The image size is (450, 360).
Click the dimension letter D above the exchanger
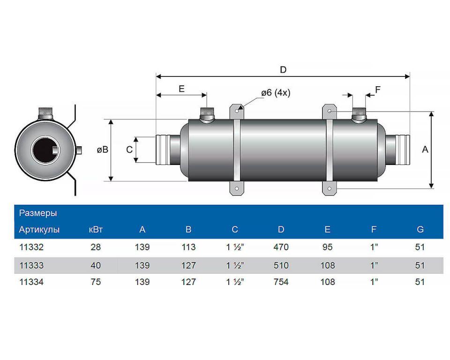[283, 70]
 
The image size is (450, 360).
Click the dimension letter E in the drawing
[181, 89]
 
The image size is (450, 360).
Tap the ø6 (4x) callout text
[276, 93]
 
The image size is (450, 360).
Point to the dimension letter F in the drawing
[378, 89]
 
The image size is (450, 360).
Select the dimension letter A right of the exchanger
[425, 150]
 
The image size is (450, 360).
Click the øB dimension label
[102, 150]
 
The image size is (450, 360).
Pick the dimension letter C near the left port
[129, 150]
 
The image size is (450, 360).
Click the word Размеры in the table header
[38, 213]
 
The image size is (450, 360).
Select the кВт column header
[96, 230]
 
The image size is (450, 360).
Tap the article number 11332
[31, 247]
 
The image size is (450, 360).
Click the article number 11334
[31, 282]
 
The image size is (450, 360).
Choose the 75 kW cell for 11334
[96, 282]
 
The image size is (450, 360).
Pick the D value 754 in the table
[281, 282]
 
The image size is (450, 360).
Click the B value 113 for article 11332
[188, 247]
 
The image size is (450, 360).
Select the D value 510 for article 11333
[281, 265]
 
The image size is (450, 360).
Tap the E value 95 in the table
[327, 247]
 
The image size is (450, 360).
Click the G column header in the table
[420, 230]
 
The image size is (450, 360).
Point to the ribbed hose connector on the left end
[163, 150]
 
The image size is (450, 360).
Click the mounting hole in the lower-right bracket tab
[330, 189]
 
